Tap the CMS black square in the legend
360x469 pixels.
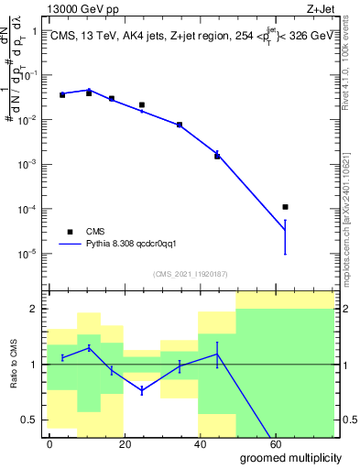coord(70,232)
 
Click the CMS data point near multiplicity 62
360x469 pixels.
coord(286,207)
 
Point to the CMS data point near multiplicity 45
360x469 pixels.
coord(217,156)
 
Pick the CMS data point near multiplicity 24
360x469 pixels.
coord(141,105)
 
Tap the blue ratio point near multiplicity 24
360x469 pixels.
coord(141,391)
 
